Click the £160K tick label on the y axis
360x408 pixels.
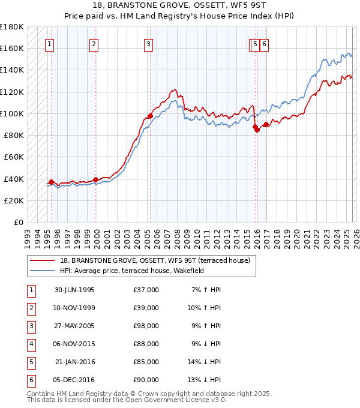(x=12, y=48)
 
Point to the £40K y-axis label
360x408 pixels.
(x=14, y=179)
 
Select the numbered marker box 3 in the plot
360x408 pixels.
(x=148, y=43)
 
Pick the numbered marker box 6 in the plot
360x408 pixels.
(x=264, y=43)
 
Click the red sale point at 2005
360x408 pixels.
(x=150, y=116)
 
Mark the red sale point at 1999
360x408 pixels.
(x=96, y=179)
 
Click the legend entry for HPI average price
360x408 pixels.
(x=132, y=271)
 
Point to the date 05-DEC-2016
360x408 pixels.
(x=74, y=380)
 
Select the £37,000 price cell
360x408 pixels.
(x=146, y=290)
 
